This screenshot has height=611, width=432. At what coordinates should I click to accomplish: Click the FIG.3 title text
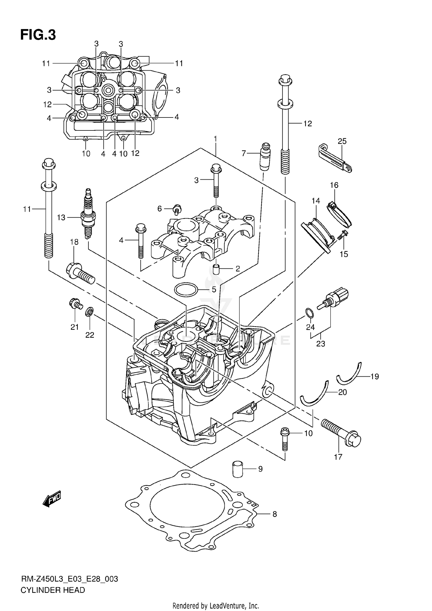coord(38,35)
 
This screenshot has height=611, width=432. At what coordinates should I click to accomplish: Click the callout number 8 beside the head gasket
coord(274,514)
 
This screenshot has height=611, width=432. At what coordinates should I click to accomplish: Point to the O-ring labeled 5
coord(186,290)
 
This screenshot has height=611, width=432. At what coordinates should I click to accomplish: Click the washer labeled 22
coord(90,311)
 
